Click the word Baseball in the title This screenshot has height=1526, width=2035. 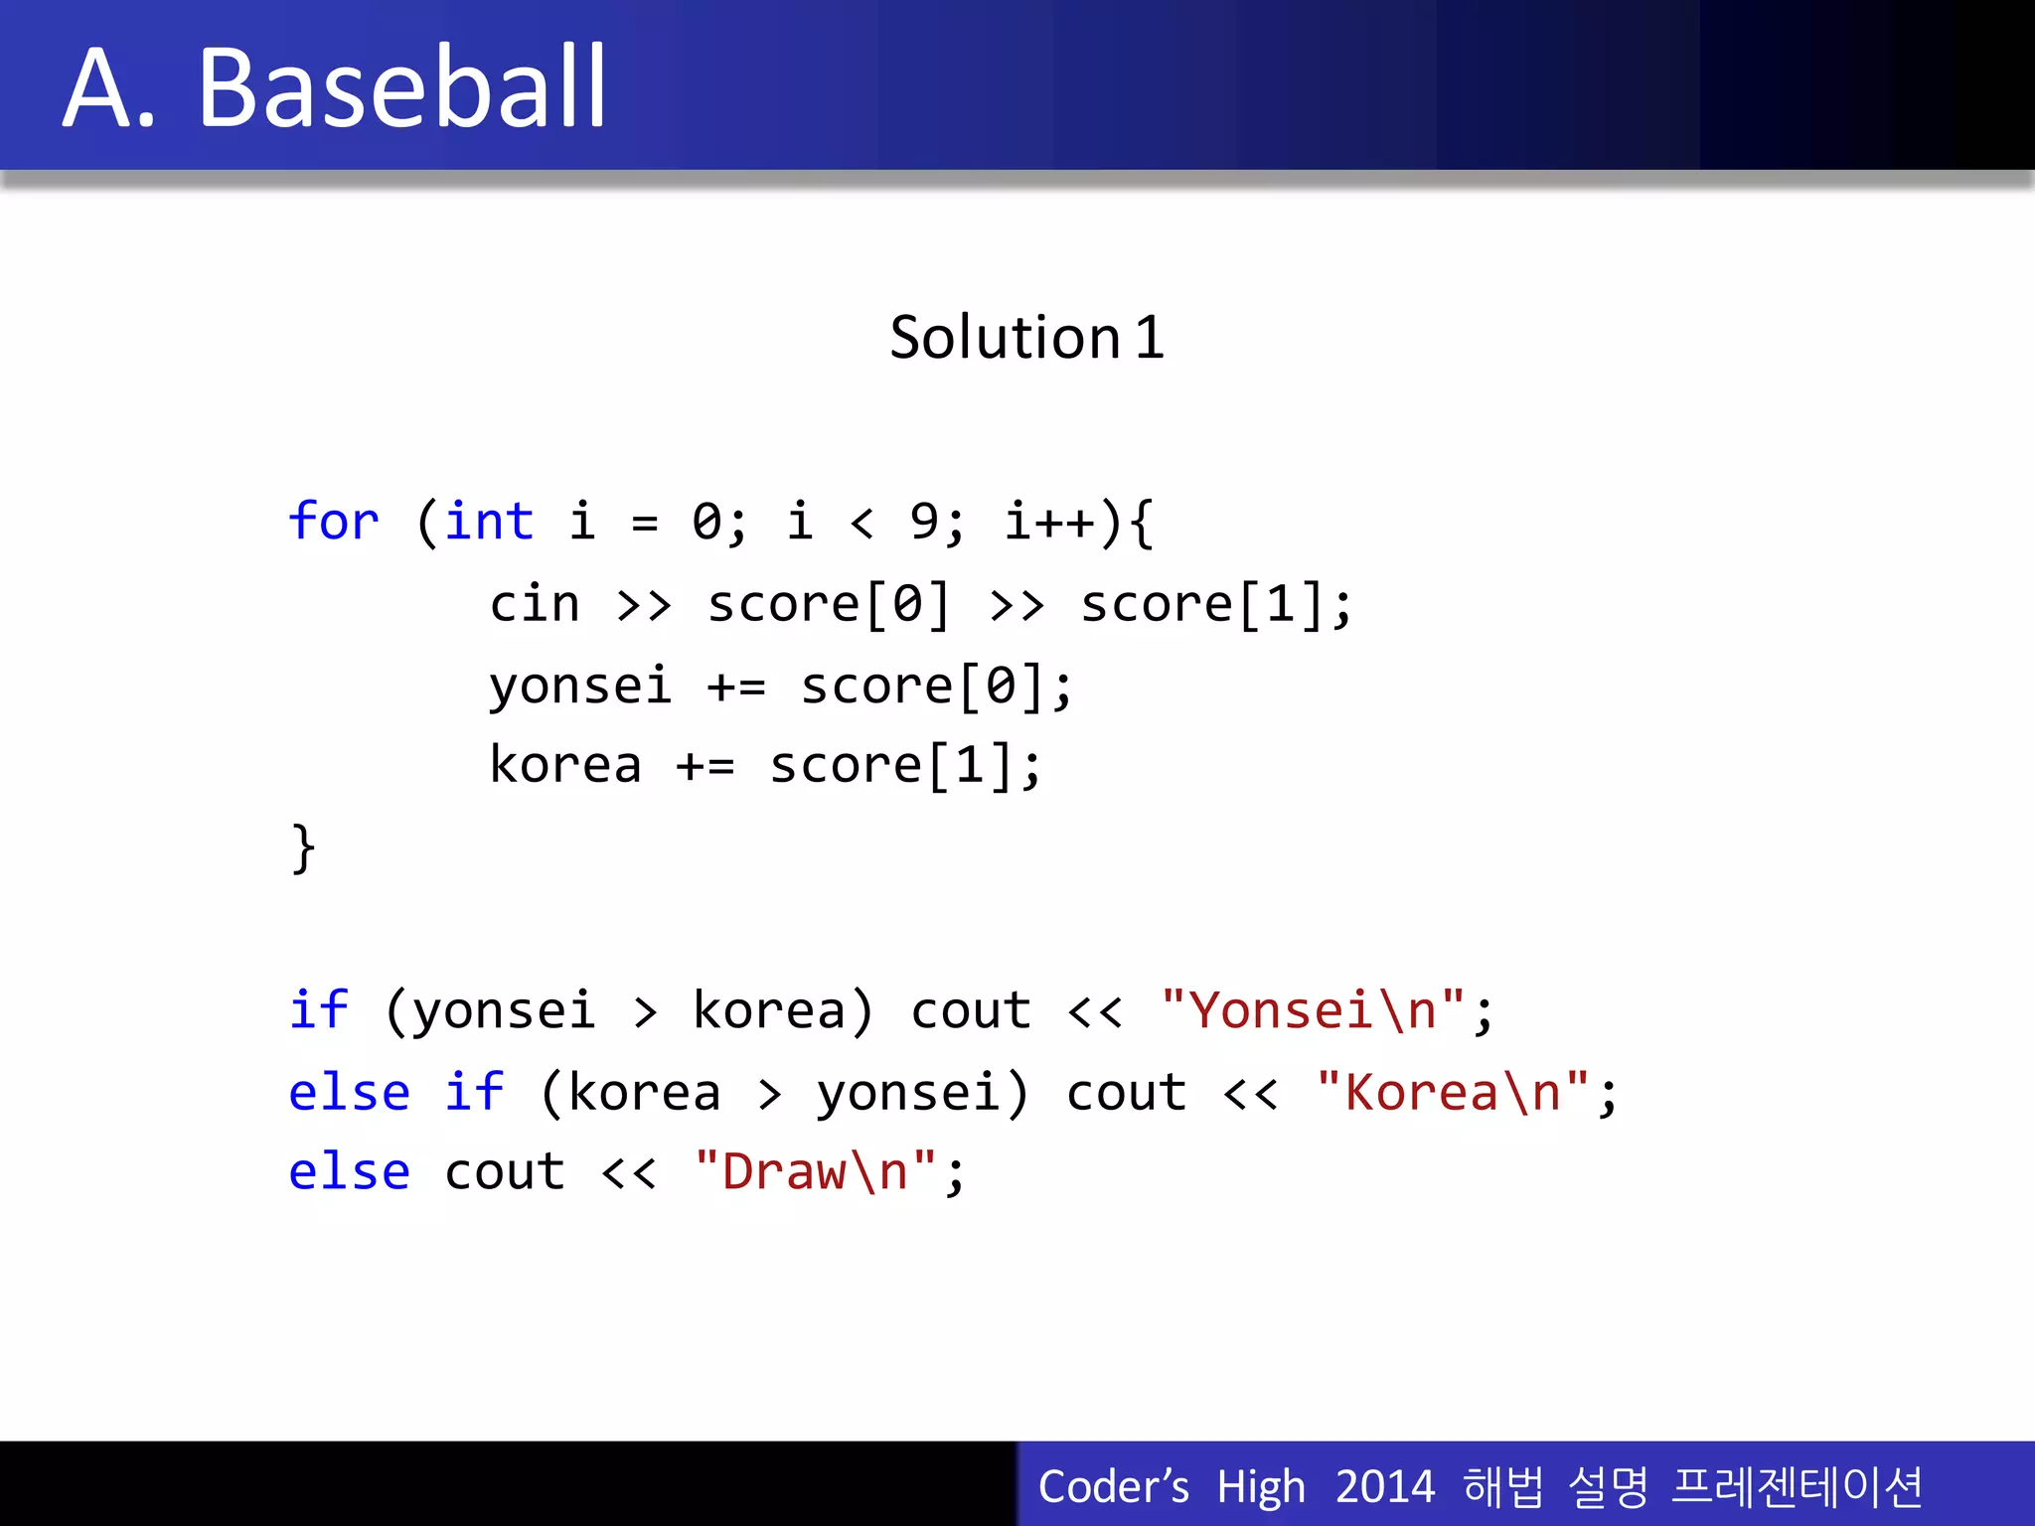click(x=401, y=89)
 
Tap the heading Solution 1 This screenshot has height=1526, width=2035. click(x=1026, y=338)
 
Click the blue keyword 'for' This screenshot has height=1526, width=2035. click(x=333, y=521)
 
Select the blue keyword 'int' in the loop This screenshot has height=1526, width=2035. click(x=488, y=521)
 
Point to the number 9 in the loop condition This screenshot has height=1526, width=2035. click(x=924, y=521)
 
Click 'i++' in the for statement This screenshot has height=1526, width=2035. click(x=1049, y=521)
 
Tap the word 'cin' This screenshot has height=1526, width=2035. click(x=534, y=604)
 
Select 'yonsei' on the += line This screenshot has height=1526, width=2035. click(x=580, y=687)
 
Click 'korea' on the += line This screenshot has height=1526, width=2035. click(x=564, y=766)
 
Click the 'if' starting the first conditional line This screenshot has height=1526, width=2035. click(x=318, y=1010)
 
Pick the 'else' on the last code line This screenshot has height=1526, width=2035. click(x=349, y=1172)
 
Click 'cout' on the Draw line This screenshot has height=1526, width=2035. click(x=504, y=1172)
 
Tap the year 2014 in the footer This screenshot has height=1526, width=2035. click(x=1384, y=1487)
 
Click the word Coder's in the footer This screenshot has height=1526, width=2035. click(x=1113, y=1487)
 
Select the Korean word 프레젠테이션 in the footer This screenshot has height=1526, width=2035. click(x=1797, y=1487)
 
